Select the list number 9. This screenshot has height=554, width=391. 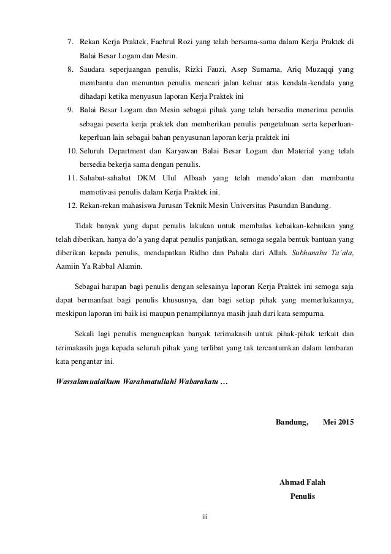tap(70, 110)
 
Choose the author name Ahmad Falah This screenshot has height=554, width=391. tap(302, 482)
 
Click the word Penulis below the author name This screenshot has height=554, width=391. tap(302, 496)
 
